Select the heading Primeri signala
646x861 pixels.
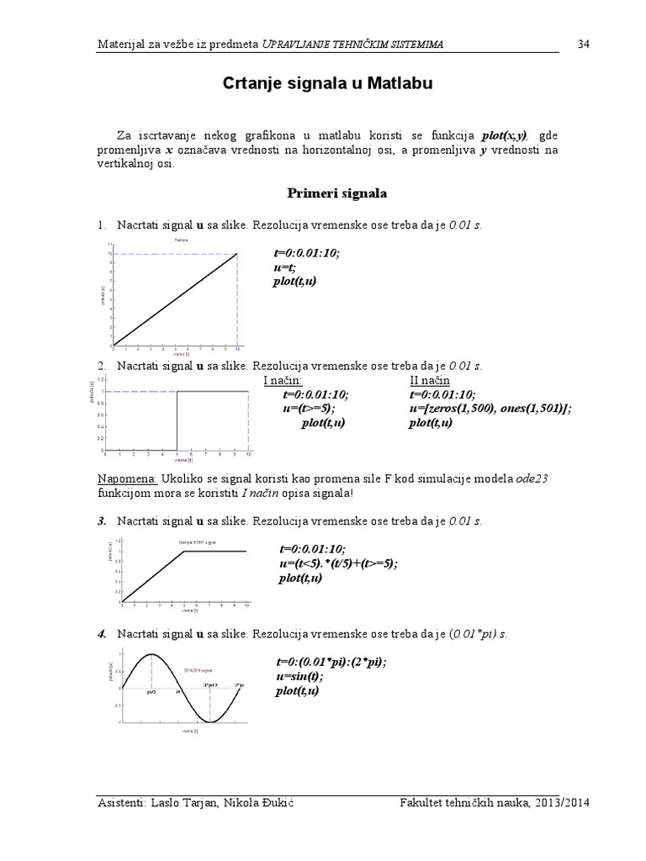[x=337, y=193]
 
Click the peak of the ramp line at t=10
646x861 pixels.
[x=237, y=253]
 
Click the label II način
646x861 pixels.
[x=431, y=380]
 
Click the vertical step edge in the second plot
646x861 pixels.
[x=176, y=420]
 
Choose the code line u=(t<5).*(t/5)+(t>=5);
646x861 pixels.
[x=338, y=563]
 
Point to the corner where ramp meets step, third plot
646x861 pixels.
[x=184, y=551]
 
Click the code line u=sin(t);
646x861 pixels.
[x=299, y=676]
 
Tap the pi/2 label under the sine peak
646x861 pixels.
[x=151, y=694]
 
